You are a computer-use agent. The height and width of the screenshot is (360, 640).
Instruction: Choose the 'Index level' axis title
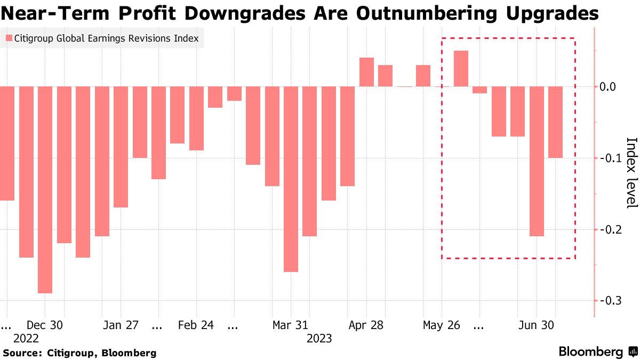pos(631,173)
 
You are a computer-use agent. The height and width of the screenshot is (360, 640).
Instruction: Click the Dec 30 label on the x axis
pos(45,325)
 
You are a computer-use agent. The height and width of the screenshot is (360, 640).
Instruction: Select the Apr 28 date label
pos(365,325)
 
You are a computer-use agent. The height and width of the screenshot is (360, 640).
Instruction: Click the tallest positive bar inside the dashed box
pos(461,68)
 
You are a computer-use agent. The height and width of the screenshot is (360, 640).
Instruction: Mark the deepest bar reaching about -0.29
pos(45,189)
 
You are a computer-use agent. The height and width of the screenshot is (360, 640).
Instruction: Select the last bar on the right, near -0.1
pos(556,122)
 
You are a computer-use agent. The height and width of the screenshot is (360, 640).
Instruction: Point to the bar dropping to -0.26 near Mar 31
pos(291,179)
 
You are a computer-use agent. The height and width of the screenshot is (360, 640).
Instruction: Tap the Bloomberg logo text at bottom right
pos(590,352)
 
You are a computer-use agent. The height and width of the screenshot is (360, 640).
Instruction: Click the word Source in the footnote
pos(22,353)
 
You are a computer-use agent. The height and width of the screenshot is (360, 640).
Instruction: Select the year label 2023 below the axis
pos(319,339)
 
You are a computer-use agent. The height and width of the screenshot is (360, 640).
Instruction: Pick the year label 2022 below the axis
pos(26,339)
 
